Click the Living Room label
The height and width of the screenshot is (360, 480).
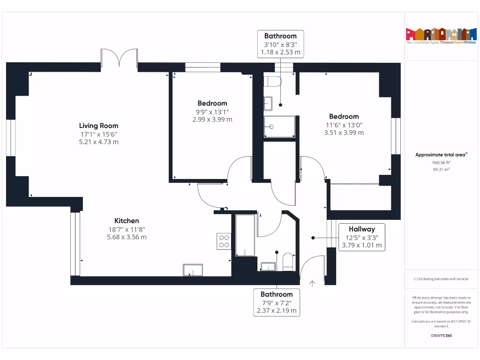pyautogui.click(x=98, y=126)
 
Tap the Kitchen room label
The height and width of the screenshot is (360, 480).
pyautogui.click(x=127, y=221)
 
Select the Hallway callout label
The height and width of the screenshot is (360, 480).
pyautogui.click(x=362, y=229)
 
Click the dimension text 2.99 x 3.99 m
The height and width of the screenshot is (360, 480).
pyautogui.click(x=212, y=120)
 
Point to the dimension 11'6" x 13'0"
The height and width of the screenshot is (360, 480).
pyautogui.click(x=344, y=125)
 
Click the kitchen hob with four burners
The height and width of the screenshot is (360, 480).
pyautogui.click(x=224, y=240)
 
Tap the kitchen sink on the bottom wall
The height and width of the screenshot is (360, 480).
pyautogui.click(x=193, y=270)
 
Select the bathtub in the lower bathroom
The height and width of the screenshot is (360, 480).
pyautogui.click(x=245, y=235)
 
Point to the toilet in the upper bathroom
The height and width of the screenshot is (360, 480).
pyautogui.click(x=272, y=82)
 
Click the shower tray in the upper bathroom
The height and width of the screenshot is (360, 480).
pyautogui.click(x=279, y=127)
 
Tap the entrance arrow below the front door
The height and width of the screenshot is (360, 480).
pyautogui.click(x=313, y=283)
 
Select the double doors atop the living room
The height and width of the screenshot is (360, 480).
pyautogui.click(x=120, y=59)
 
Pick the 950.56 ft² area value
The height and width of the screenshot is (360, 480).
pyautogui.click(x=441, y=163)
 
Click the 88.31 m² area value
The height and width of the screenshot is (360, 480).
pyautogui.click(x=441, y=170)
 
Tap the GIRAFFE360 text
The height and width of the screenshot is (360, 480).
pyautogui.click(x=441, y=336)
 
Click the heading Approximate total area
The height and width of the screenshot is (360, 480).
pyautogui.click(x=441, y=155)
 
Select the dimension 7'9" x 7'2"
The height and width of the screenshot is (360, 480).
pyautogui.click(x=277, y=302)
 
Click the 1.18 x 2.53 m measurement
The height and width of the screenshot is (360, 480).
pyautogui.click(x=280, y=52)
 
